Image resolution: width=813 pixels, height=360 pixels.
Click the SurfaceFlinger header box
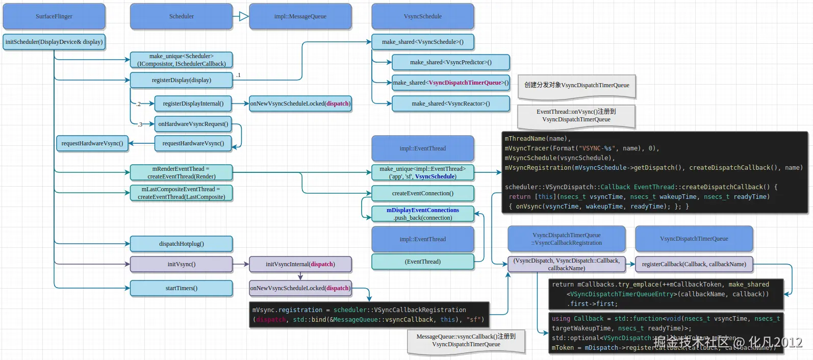[54, 16]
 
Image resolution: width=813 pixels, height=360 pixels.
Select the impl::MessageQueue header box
[300, 16]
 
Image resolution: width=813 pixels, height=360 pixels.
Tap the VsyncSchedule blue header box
[422, 16]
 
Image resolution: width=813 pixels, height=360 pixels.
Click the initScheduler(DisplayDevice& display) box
[54, 42]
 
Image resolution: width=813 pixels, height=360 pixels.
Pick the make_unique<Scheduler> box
[181, 60]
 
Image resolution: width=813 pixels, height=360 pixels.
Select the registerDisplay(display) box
[181, 80]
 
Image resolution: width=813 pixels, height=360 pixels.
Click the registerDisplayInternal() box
[193, 104]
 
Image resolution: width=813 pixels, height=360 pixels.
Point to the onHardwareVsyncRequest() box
[193, 124]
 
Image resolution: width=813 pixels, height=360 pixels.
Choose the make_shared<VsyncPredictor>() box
[450, 62]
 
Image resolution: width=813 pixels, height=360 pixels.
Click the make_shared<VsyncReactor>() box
[450, 104]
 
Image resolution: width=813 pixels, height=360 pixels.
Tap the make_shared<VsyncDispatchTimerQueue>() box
[450, 83]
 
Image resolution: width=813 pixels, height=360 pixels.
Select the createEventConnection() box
[422, 193]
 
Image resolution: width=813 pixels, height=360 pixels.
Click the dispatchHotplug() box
[181, 244]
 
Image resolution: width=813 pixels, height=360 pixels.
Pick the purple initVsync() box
[181, 264]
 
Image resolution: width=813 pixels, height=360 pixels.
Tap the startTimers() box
[181, 288]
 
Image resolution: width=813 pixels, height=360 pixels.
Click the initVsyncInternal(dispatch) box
[300, 264]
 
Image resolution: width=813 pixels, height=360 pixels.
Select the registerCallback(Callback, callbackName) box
[694, 264]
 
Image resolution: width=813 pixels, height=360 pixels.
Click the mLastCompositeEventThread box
[181, 193]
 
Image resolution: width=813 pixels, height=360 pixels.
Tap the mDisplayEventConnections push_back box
[422, 214]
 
